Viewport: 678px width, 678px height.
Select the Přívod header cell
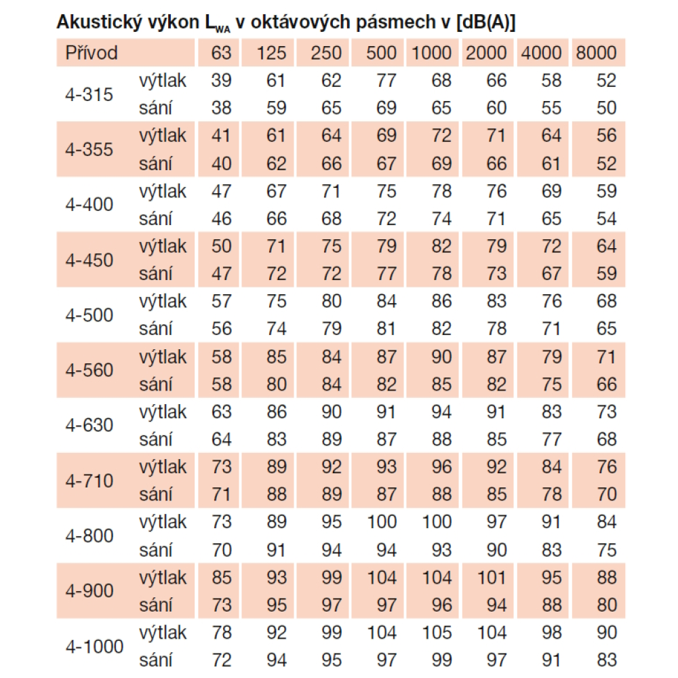tap(92, 53)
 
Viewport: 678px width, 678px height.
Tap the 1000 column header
tap(432, 53)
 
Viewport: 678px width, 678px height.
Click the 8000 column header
tap(596, 53)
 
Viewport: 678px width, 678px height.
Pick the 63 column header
tap(221, 53)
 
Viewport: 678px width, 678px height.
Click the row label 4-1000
tap(95, 646)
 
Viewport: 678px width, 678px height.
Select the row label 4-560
tap(89, 370)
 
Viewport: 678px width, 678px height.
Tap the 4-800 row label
tap(89, 536)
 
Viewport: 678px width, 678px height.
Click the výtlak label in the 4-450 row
tap(163, 246)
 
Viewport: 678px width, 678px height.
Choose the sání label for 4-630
tap(156, 439)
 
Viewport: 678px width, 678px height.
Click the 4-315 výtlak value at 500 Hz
tap(386, 81)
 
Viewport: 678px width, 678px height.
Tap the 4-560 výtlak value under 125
tap(276, 357)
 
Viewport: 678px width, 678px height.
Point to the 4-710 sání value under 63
tap(221, 494)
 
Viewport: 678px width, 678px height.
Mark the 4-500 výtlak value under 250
tap(331, 301)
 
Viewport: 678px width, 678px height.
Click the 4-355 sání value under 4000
tap(551, 163)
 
